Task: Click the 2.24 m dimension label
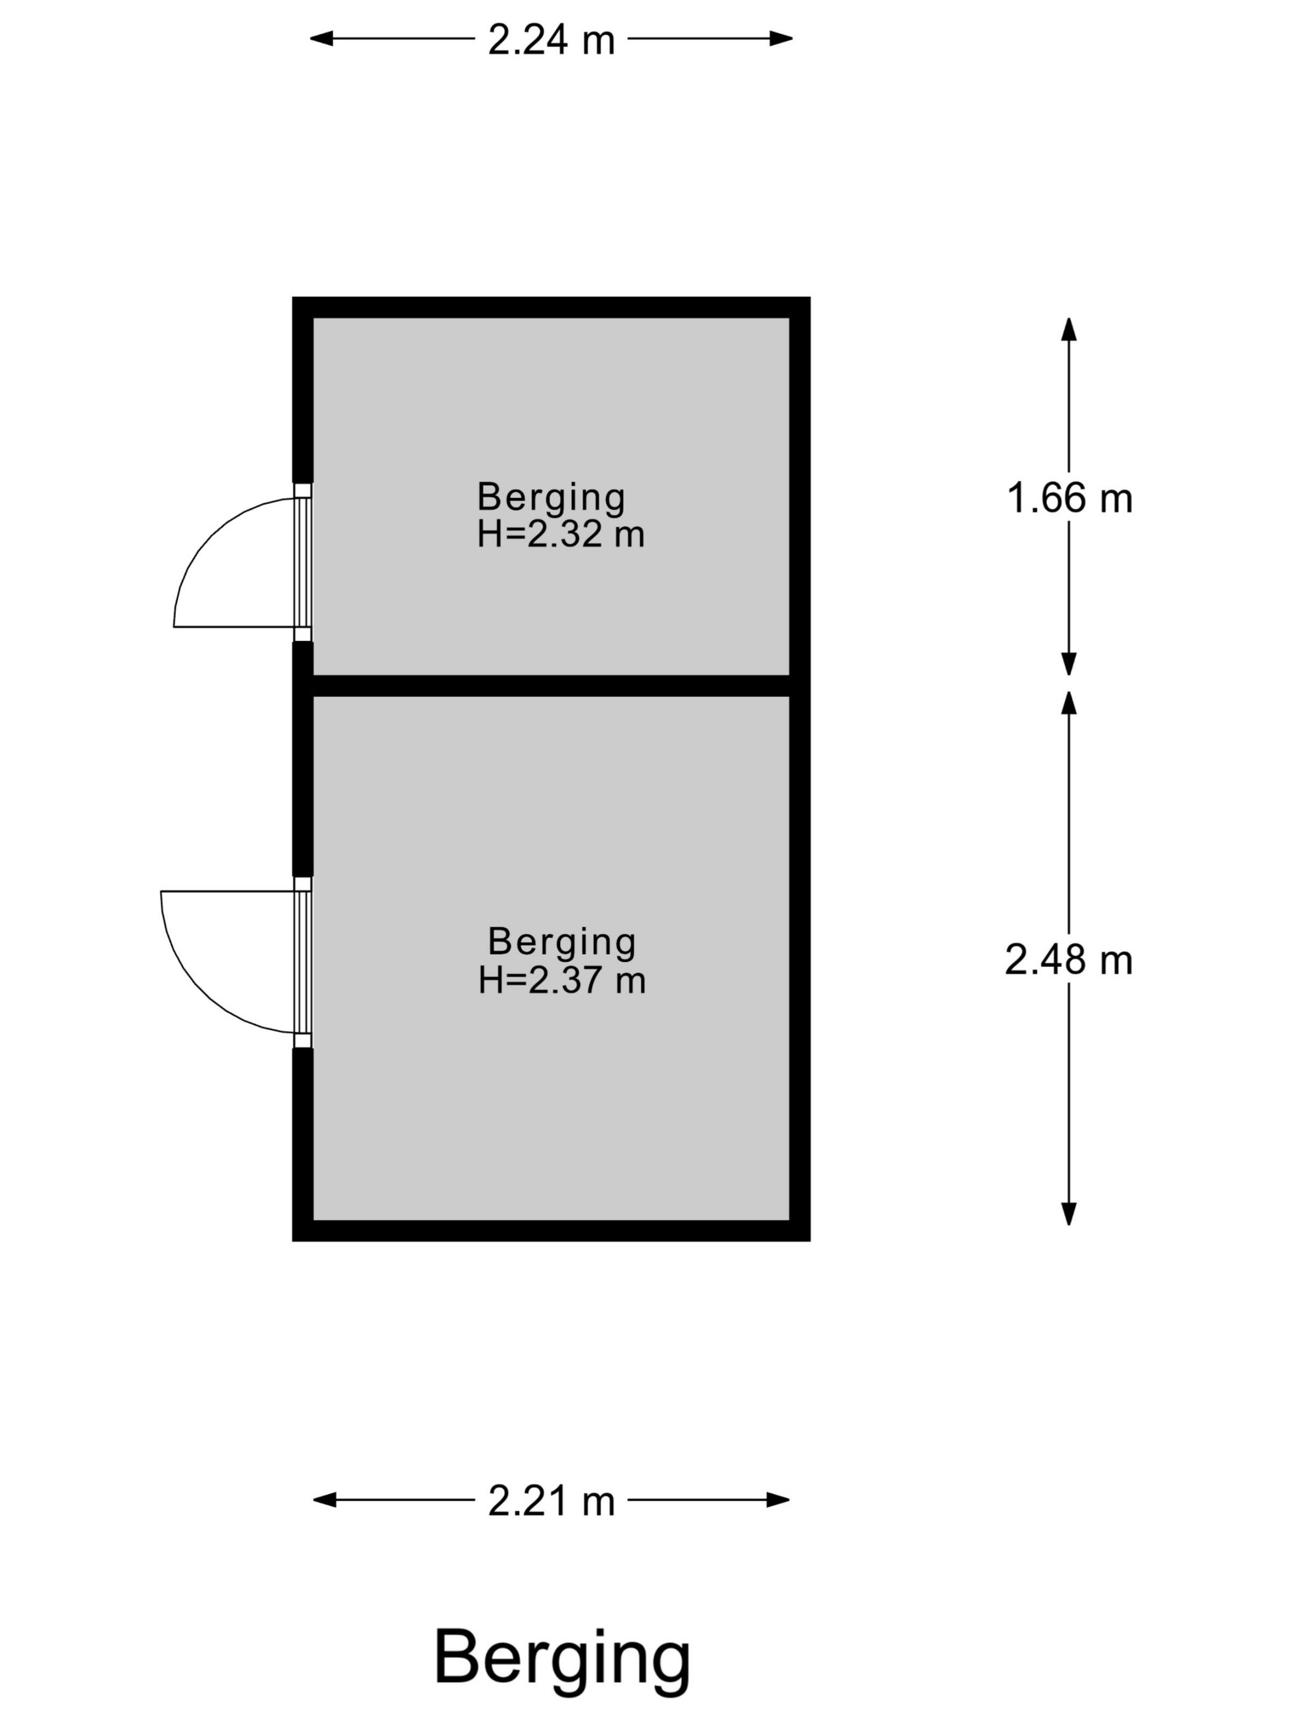tap(551, 40)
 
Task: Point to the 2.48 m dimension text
tap(1068, 959)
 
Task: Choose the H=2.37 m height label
tap(562, 980)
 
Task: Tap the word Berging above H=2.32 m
tap(551, 498)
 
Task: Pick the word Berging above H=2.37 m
tap(562, 942)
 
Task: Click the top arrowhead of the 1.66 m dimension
tap(1069, 329)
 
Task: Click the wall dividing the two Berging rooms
tap(551, 685)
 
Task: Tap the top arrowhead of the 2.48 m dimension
tap(1069, 703)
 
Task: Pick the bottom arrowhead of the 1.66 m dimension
tap(1069, 664)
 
